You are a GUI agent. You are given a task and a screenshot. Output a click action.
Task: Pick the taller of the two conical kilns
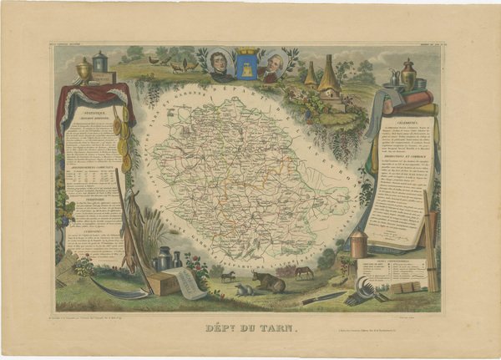328,76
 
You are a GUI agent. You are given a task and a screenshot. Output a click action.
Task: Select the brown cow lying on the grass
269,281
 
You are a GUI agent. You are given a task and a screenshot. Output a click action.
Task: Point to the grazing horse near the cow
303,271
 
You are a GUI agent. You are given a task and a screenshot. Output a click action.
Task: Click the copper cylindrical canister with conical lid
358,243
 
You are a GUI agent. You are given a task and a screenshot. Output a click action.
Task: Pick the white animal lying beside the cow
243,290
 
